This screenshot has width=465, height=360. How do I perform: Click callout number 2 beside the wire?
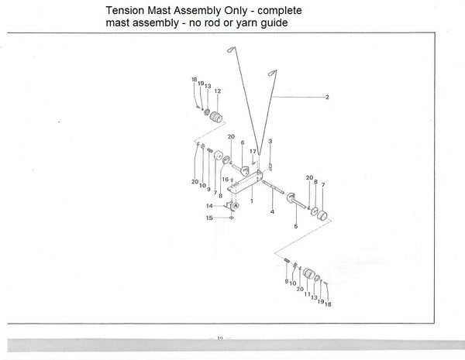click(328, 97)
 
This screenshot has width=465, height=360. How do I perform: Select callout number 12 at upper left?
click(217, 91)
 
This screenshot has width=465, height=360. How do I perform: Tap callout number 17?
click(253, 151)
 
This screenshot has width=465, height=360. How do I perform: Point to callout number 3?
click(270, 142)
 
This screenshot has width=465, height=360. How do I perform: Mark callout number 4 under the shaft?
click(272, 211)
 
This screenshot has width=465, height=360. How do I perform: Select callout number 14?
click(208, 206)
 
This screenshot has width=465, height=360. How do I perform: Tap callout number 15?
click(208, 219)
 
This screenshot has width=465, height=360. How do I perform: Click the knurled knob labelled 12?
click(215, 118)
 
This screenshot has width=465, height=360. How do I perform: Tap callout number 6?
click(243, 142)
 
